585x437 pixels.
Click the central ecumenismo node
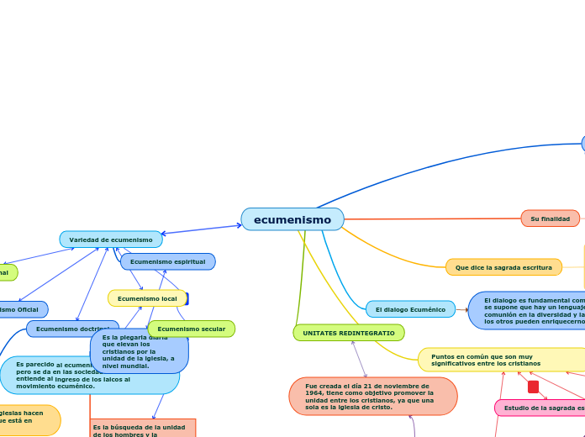click(292, 219)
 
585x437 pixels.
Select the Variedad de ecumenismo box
click(111, 240)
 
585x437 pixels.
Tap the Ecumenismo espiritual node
click(168, 261)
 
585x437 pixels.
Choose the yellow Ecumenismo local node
click(147, 298)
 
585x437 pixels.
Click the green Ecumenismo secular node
click(192, 329)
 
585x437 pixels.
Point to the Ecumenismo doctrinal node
click(71, 329)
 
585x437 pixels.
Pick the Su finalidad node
click(551, 218)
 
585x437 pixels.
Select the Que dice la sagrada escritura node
click(503, 267)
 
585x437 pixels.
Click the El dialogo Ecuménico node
click(410, 309)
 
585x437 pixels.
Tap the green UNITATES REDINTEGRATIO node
click(349, 333)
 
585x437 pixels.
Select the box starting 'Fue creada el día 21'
click(372, 396)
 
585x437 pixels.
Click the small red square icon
click(533, 387)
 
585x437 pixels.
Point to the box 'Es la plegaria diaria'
click(139, 351)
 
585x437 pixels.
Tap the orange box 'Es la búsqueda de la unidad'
click(143, 428)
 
